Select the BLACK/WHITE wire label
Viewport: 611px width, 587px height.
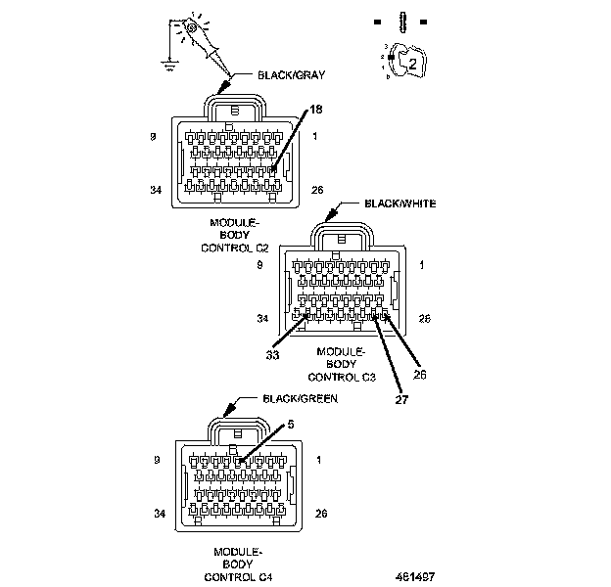399,203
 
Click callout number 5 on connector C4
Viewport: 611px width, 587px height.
290,425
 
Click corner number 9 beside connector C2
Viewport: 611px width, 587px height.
154,138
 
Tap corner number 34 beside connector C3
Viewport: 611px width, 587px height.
262,318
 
